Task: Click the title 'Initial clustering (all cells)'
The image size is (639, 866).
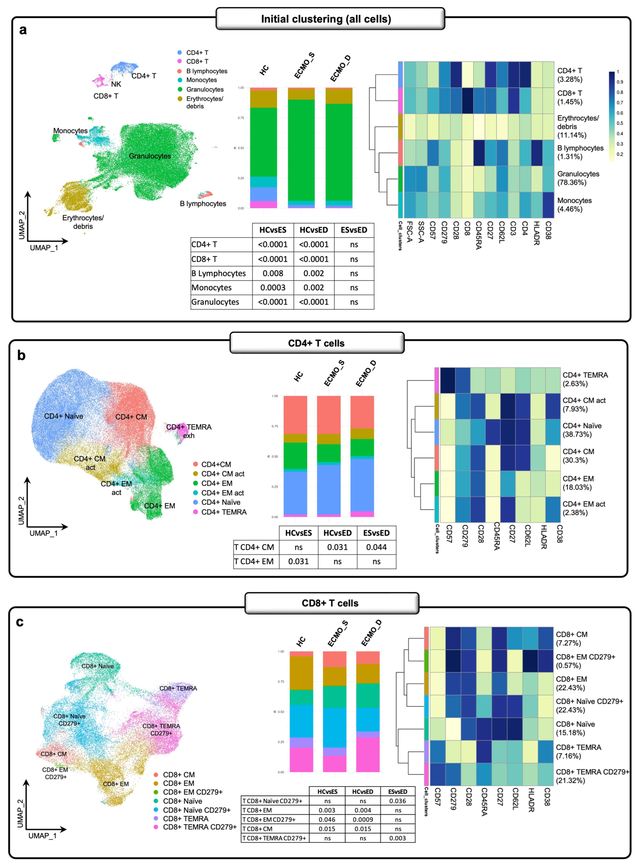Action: click(326, 19)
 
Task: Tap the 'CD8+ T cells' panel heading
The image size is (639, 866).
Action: click(330, 603)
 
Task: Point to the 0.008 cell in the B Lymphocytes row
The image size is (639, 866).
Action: click(273, 273)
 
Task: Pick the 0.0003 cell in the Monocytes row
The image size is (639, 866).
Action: click(273, 288)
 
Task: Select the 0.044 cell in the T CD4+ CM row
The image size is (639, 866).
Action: click(376, 547)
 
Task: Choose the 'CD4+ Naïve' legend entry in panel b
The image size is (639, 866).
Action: click(221, 502)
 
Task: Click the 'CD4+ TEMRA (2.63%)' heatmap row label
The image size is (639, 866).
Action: click(585, 379)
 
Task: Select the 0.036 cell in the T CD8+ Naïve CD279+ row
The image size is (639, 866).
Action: click(398, 801)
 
